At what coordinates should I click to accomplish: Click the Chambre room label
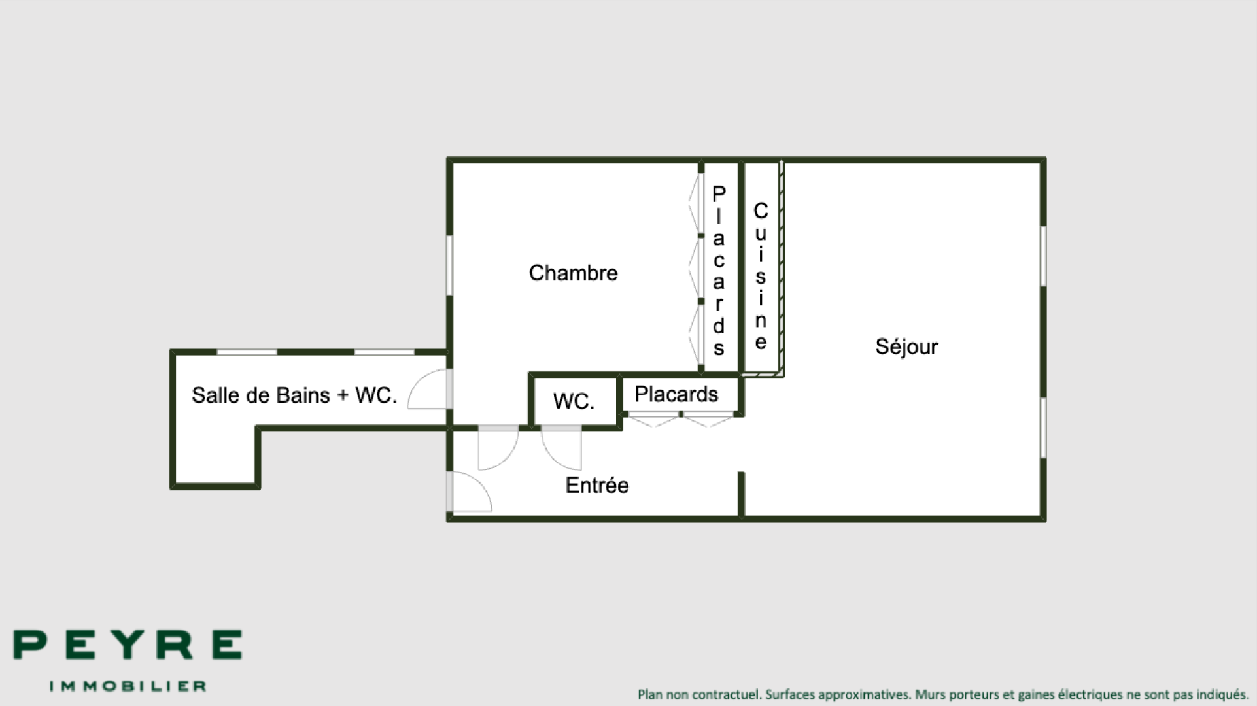point(573,273)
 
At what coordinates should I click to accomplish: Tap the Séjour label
point(906,346)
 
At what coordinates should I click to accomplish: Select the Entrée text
point(597,485)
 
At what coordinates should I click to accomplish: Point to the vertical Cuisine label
point(761,276)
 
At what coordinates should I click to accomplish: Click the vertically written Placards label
point(719,270)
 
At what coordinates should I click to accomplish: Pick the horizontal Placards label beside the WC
point(676,394)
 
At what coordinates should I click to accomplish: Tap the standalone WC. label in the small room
point(574,401)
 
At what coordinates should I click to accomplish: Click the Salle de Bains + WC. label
point(294,395)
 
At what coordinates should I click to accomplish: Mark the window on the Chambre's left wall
point(450,265)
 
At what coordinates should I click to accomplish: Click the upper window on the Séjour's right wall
point(1043,256)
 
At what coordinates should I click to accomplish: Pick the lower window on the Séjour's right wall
point(1043,428)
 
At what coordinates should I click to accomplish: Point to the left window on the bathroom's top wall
point(247,352)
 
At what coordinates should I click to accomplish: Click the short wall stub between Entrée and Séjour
point(742,494)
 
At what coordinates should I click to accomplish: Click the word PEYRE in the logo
point(128,645)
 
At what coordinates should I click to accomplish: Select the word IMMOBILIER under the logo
point(128,686)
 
